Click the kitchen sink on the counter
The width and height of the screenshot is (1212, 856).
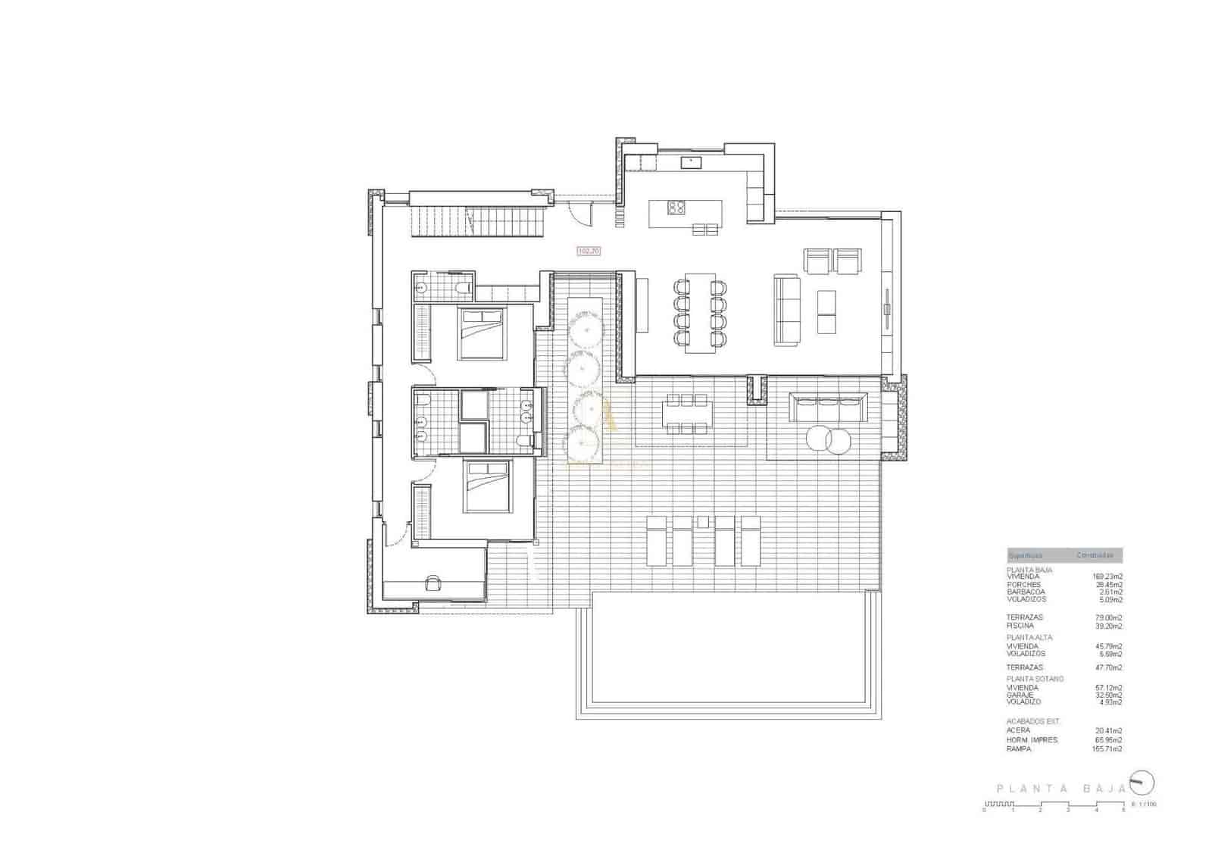690,161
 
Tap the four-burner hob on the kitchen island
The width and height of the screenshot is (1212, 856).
676,208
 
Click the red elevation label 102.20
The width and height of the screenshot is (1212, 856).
589,251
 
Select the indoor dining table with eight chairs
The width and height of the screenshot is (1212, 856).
700,313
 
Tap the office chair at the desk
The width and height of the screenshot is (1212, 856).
433,582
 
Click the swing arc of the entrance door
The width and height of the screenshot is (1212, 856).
580,214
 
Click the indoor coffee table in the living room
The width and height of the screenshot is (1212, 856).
827,312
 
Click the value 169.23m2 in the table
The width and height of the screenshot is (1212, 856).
1107,576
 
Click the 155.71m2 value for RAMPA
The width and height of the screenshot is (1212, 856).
1107,748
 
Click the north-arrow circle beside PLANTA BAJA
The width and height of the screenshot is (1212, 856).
1141,782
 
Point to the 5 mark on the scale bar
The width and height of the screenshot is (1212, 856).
1123,810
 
